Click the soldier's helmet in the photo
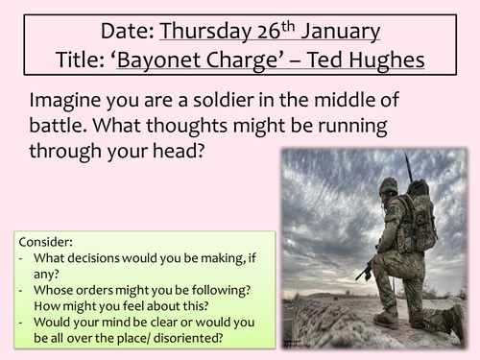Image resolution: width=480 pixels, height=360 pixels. [388, 188]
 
